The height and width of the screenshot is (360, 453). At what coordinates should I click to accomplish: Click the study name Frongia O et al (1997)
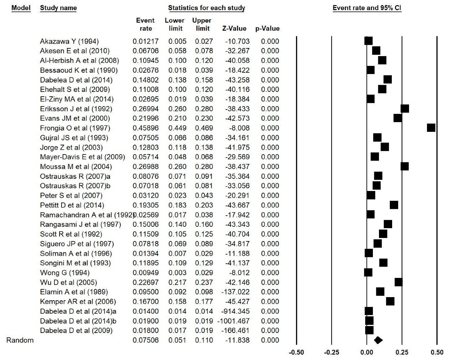pos(75,128)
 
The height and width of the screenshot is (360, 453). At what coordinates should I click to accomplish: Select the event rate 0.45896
pos(145,128)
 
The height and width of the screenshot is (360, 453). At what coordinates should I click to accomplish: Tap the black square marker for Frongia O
pos(431,128)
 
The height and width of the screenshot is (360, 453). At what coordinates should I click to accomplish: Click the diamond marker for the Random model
pos(378,340)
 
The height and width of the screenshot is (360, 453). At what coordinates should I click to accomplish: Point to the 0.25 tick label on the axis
pos(402,353)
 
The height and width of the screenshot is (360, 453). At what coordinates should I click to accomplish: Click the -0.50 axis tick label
pos(296,353)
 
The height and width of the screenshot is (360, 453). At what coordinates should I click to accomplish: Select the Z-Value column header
pos(234,29)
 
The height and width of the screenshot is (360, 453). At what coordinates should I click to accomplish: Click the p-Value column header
pos(267,29)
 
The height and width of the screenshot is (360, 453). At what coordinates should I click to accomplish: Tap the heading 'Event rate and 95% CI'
pos(367,8)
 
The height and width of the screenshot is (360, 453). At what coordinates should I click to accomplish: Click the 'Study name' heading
pos(58,8)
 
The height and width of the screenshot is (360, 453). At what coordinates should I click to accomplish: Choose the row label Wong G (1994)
pos(65,273)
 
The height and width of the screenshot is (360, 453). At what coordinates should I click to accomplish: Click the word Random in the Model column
pos(20,340)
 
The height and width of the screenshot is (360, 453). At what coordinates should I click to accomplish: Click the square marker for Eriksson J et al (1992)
pos(405,109)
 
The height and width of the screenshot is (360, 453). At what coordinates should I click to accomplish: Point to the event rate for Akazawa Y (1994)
pos(145,41)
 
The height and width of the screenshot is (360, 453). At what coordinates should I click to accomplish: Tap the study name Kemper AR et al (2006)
pos(78,302)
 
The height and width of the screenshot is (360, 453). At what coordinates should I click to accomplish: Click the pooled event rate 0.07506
pos(145,340)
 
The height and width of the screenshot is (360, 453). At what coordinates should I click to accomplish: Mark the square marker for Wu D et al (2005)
pos(399,282)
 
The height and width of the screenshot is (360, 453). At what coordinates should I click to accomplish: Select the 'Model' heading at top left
pos(21,8)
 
